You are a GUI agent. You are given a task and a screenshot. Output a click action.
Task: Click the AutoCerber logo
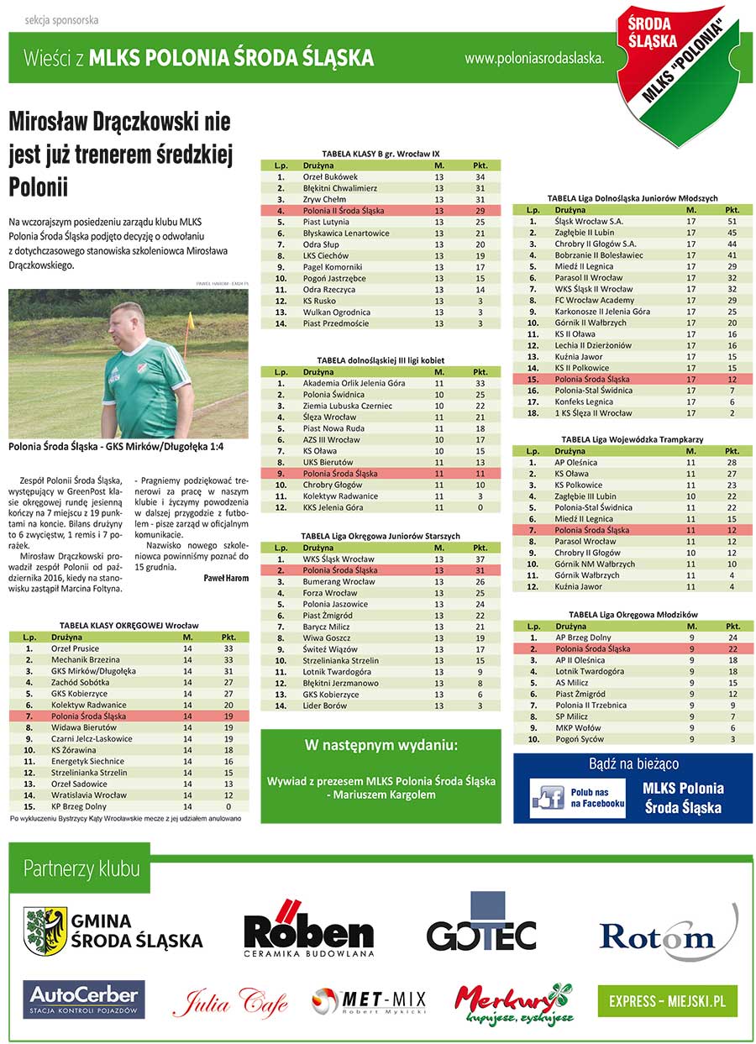pos(84,999)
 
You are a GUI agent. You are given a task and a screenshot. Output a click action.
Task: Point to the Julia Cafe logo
pos(229,1002)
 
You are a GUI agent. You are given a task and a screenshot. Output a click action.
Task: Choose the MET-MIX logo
pos(369,1000)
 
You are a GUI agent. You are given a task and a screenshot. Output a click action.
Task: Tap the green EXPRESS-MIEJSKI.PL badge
pos(668,1002)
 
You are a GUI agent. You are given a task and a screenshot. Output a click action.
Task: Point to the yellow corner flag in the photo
pos(191,321)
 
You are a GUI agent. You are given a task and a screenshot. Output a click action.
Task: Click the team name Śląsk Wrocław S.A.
pos(589,221)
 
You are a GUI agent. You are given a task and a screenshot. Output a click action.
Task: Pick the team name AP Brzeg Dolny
pos(583,637)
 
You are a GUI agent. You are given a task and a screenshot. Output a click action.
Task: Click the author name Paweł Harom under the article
pos(226,578)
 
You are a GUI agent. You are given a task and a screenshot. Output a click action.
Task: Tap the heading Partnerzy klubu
pos(82,869)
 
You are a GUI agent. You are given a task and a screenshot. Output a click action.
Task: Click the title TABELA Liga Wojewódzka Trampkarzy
pos(632,439)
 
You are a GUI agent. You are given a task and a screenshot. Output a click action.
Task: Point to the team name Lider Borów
pos(325,706)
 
